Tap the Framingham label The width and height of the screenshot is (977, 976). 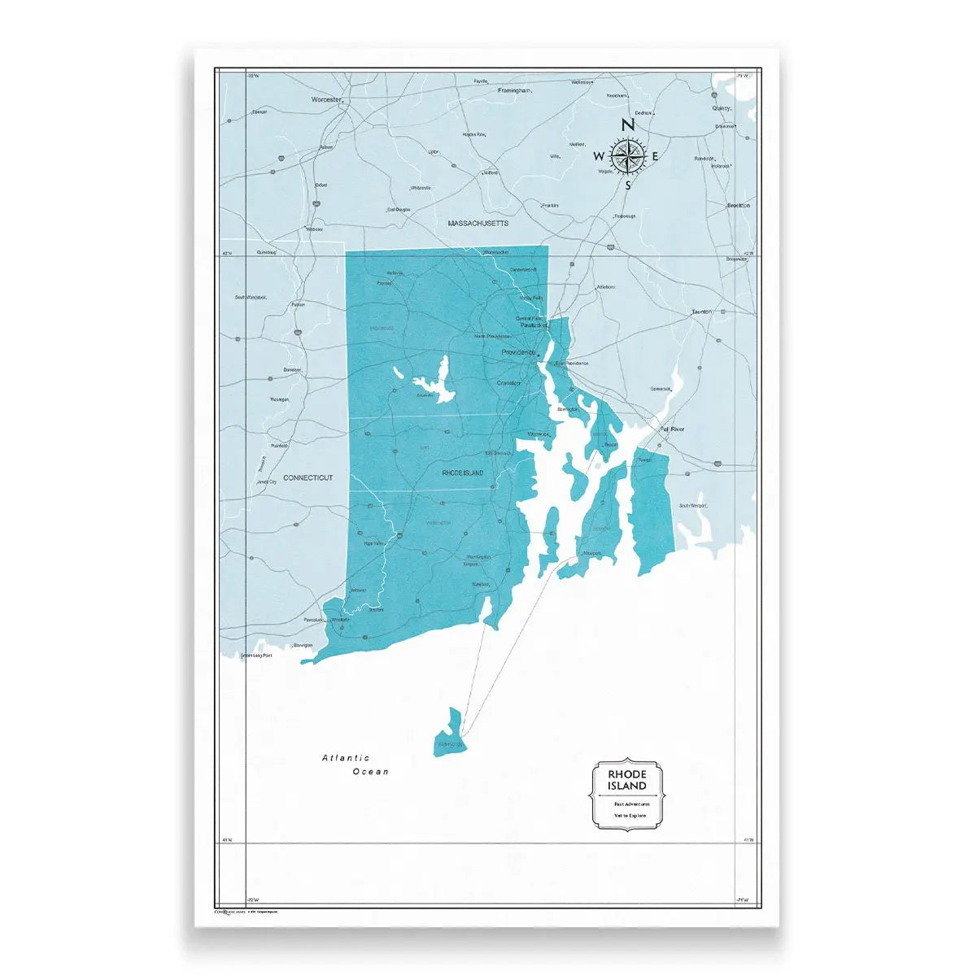[514, 90]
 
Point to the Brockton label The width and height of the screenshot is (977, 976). [738, 206]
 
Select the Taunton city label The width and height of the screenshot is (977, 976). [701, 312]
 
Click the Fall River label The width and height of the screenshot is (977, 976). [673, 428]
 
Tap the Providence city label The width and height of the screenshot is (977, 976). [517, 352]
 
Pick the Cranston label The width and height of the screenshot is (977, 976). [508, 382]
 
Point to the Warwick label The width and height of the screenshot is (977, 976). [539, 435]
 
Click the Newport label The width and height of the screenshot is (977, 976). [591, 554]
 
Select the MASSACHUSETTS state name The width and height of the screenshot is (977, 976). [478, 223]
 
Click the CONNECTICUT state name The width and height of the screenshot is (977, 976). [307, 478]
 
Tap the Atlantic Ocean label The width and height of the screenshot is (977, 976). [355, 765]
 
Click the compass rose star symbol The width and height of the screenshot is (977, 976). [628, 155]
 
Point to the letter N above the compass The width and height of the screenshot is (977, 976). [627, 125]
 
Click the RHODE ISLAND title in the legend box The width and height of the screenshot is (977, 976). [626, 780]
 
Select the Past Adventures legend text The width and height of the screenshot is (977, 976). [626, 804]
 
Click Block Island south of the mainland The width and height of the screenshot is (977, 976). [450, 732]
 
